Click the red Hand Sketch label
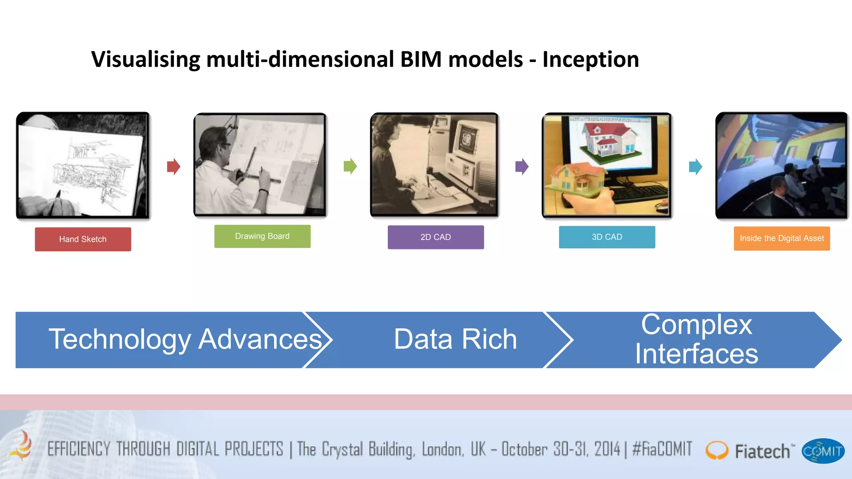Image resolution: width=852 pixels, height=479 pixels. [83, 239]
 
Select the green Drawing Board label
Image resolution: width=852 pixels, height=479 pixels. [262, 236]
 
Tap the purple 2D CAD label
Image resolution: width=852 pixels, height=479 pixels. [436, 237]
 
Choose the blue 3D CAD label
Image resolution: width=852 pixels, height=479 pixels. [607, 237]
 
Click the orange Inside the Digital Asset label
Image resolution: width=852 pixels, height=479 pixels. [781, 238]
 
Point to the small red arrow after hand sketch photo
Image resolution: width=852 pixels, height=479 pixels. [173, 167]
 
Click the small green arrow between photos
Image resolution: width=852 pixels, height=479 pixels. [350, 166]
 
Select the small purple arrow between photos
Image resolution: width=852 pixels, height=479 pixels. [522, 167]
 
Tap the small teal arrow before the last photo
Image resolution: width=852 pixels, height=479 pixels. [695, 167]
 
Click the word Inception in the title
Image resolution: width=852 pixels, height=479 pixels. [590, 59]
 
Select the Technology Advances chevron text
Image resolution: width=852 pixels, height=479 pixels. [185, 339]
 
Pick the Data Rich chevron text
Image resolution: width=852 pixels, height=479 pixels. [455, 339]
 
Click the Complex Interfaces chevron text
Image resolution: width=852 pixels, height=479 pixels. [696, 339]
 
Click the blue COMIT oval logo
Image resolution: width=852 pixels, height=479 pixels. [822, 451]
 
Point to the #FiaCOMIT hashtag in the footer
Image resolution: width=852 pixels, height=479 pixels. [662, 449]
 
